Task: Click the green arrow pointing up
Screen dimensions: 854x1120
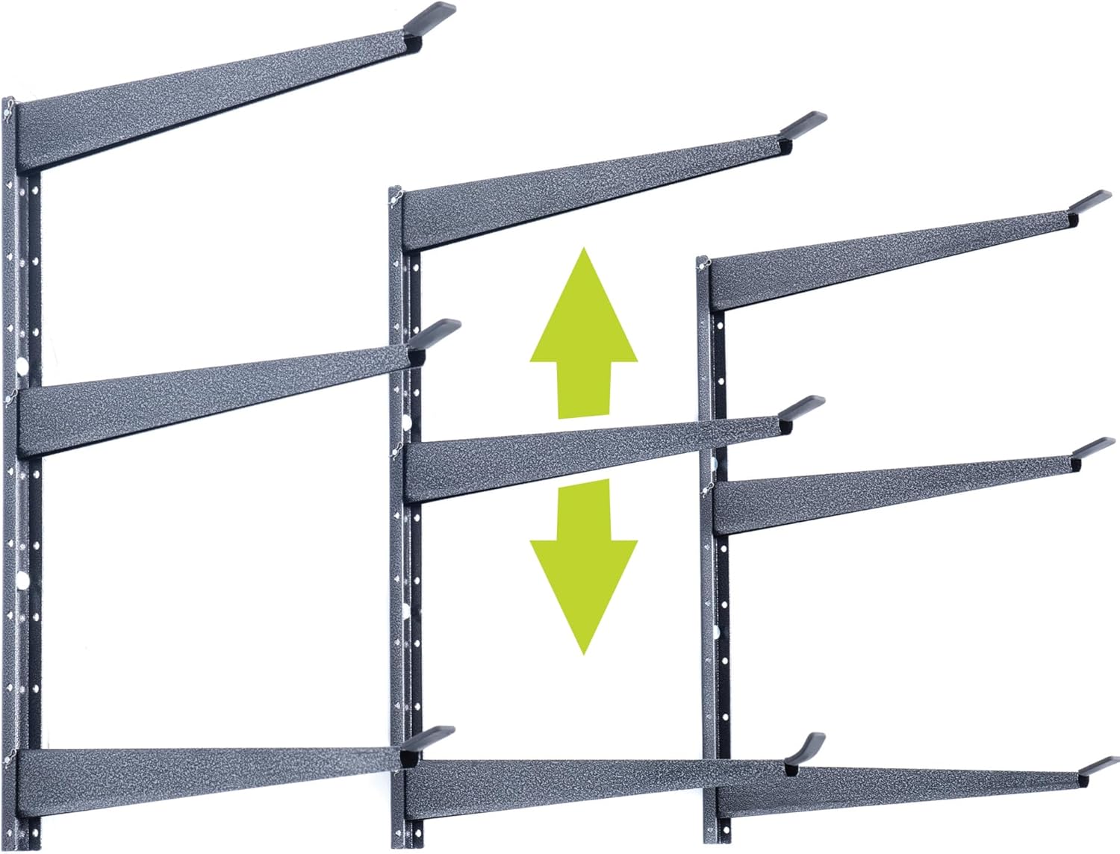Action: click(x=584, y=336)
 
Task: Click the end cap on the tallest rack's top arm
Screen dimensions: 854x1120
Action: click(x=429, y=17)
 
